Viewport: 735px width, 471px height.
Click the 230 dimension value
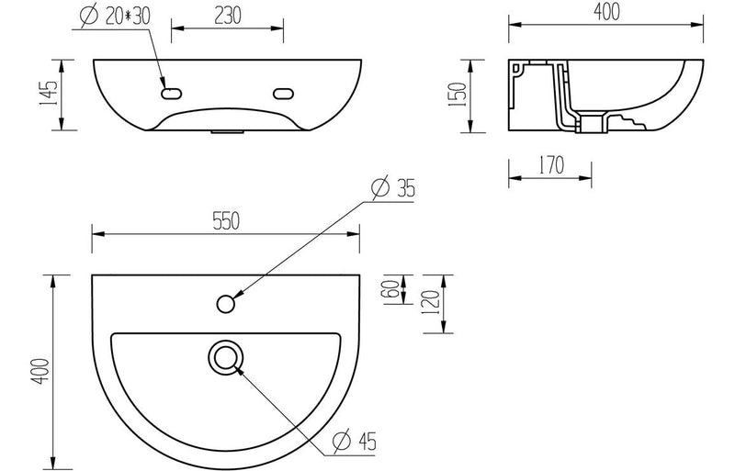tap(228, 16)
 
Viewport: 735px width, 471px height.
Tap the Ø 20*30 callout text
tap(115, 16)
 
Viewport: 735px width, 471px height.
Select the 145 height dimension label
tap(49, 94)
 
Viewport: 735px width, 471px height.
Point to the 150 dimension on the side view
tap(458, 95)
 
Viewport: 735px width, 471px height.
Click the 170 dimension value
tap(551, 165)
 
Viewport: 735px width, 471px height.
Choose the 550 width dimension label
tap(226, 221)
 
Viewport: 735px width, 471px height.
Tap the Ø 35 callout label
tap(393, 188)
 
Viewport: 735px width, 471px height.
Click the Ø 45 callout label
tap(355, 441)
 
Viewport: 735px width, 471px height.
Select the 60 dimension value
tap(393, 289)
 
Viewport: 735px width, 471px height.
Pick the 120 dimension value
tap(431, 303)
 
